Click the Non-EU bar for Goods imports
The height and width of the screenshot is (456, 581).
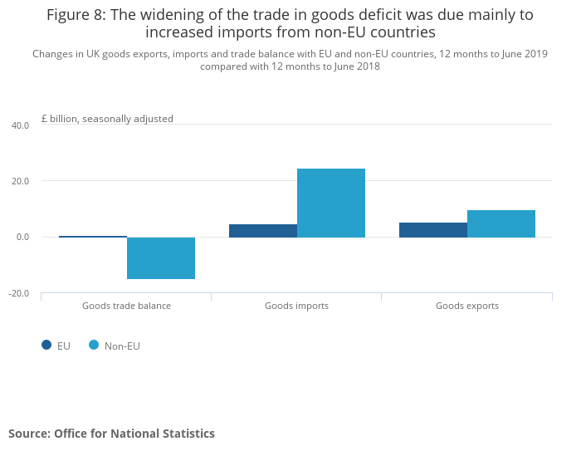pos(330,203)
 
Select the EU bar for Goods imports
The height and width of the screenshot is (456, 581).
pos(262,231)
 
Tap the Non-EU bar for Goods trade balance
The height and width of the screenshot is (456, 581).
pos(160,258)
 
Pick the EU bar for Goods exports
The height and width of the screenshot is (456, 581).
pos(432,230)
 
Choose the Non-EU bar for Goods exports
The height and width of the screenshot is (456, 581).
pos(500,223)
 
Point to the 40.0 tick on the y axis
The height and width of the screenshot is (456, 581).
pos(20,125)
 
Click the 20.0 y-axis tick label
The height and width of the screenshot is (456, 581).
pos(20,181)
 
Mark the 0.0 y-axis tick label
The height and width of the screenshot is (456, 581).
pos(22,238)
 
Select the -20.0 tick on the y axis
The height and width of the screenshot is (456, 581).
pos(19,293)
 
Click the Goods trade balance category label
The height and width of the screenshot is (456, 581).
pos(126,306)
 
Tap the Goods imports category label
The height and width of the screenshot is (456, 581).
pos(296,306)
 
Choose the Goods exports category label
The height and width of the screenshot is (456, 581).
pos(466,306)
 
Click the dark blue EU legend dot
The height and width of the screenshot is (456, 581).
pos(46,346)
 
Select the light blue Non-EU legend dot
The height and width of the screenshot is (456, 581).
pos(94,346)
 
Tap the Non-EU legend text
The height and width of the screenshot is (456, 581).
pos(122,346)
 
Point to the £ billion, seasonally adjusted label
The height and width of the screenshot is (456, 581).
pos(107,119)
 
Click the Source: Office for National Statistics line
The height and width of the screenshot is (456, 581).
pos(111,434)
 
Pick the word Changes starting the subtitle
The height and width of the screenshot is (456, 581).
pos(54,55)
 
